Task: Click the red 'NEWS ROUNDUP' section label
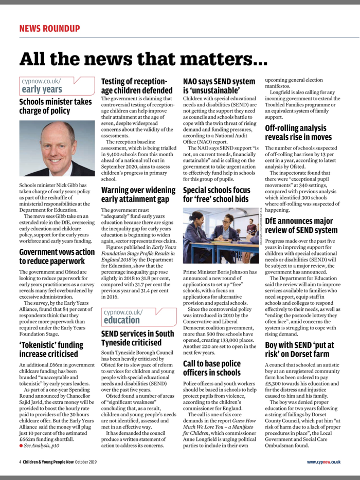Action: click(49, 28)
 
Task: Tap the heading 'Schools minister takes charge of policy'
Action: click(56, 106)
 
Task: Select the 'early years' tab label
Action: click(42, 89)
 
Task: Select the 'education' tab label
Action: click(122, 305)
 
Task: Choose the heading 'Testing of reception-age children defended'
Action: click(136, 86)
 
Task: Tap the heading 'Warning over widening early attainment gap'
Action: click(138, 195)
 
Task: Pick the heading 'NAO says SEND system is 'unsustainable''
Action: click(219, 86)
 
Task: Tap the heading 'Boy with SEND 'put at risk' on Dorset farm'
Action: click(299, 337)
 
